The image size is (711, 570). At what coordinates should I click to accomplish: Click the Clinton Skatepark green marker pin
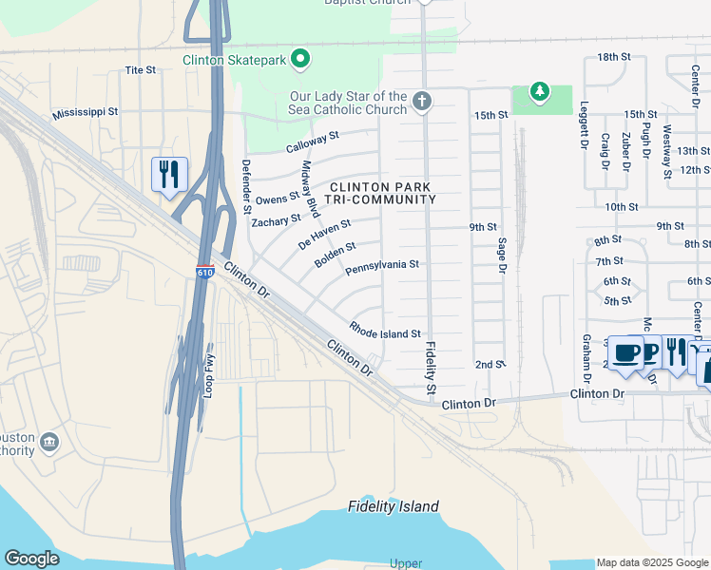pos(301,60)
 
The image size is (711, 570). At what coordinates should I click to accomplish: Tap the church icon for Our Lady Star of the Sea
pos(423,100)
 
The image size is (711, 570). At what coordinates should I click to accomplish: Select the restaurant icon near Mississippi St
pos(169,175)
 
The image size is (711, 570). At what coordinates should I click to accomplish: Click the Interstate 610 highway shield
pos(205,272)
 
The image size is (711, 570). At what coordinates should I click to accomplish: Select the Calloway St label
pos(313,142)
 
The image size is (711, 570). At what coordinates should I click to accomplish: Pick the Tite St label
pos(140,70)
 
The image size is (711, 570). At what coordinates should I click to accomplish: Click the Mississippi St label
pos(86,111)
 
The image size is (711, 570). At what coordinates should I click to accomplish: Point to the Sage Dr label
pos(501,255)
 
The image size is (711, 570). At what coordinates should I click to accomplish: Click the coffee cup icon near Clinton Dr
pos(625,353)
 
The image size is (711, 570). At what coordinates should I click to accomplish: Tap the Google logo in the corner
pos(32,559)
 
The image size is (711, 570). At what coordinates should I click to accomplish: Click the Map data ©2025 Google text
pos(652,562)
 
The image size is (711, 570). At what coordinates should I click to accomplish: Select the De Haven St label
pos(324,234)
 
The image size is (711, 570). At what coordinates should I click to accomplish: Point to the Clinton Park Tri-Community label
pos(380,193)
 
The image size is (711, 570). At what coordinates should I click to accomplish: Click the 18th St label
pos(614,57)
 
